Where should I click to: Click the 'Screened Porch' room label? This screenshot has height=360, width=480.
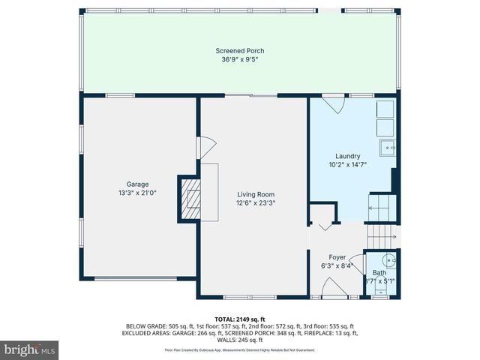point(239,51)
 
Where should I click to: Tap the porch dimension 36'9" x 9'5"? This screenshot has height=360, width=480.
point(239,60)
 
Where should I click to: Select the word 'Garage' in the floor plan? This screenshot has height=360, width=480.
point(137,184)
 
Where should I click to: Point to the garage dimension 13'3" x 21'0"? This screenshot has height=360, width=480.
point(137,193)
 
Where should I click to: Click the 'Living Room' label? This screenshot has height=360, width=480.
point(251,193)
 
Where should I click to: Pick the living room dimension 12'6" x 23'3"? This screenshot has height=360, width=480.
point(251,202)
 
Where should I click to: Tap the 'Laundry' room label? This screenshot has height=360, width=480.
point(350,154)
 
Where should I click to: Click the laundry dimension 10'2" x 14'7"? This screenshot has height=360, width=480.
point(350,163)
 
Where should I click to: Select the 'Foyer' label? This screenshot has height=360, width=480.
point(327,256)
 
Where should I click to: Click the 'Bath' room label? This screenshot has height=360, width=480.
point(379,272)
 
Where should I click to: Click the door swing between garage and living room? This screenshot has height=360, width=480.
point(205,147)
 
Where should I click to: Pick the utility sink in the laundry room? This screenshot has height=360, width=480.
point(388,145)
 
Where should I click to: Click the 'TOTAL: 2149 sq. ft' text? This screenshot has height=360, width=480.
point(239,319)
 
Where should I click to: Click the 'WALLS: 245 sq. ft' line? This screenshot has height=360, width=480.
point(239,340)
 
